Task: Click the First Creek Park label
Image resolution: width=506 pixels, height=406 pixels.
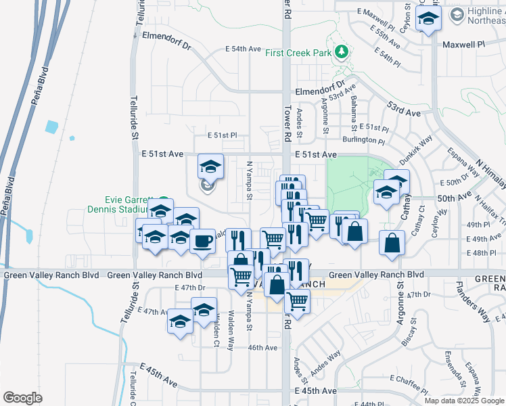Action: [x=299, y=52]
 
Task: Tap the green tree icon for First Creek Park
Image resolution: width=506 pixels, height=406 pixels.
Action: [x=342, y=51]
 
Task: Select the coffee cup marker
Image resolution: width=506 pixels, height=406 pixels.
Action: [x=202, y=242]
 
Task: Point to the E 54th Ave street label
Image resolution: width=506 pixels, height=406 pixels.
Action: [x=243, y=49]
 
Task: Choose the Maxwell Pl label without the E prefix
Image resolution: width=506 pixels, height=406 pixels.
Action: [x=464, y=44]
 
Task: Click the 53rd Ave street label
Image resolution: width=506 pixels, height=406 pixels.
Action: [x=404, y=107]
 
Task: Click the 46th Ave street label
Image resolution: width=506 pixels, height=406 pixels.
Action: [x=262, y=348]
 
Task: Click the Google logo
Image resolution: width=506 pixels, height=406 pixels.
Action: [x=22, y=398]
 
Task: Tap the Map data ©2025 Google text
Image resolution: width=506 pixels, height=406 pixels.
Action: [x=464, y=401]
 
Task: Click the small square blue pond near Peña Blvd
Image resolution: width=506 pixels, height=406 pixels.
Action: [x=52, y=127]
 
